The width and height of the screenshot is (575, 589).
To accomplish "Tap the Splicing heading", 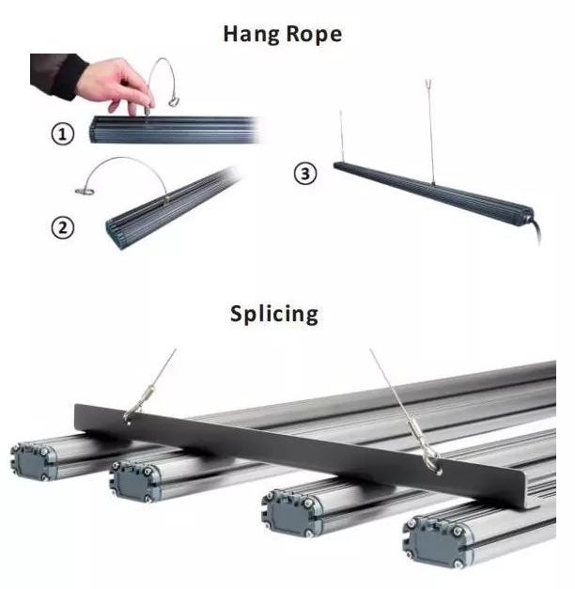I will (274, 313).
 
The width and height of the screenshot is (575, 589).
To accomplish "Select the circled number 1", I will (63, 134).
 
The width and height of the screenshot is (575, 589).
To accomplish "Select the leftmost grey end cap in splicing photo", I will (33, 461).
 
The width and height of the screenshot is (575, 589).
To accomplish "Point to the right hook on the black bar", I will (430, 458).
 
